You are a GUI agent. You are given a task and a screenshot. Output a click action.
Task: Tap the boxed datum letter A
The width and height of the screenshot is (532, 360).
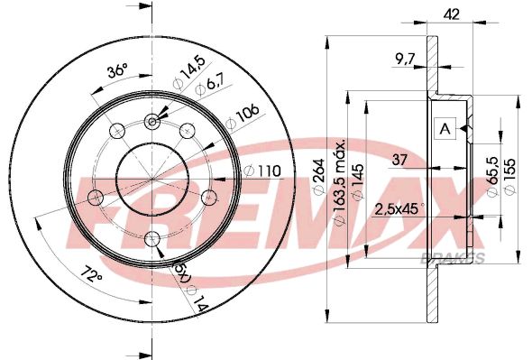[444, 129]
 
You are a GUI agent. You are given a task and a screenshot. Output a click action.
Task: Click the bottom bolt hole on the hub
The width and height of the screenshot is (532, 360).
[152, 238]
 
